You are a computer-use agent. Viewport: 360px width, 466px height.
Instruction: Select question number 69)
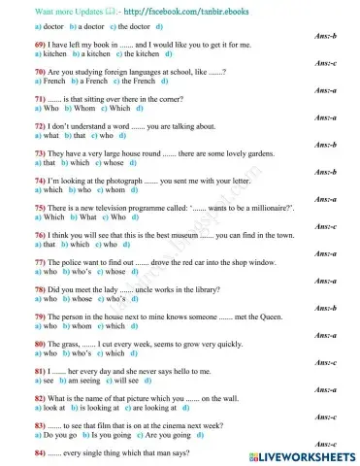16,46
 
